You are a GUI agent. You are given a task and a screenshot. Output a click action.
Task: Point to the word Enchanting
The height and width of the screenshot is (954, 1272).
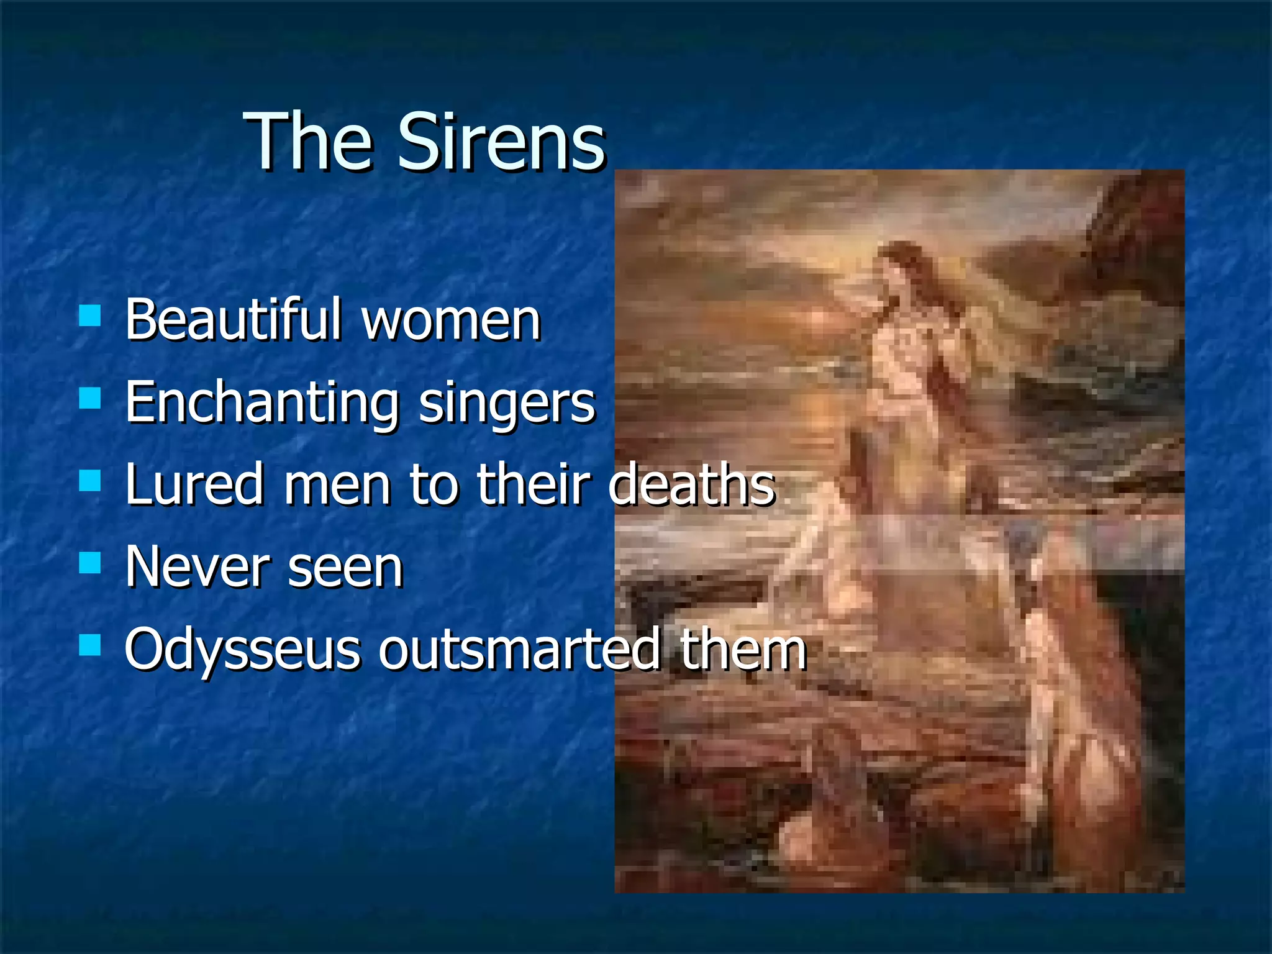[261, 404]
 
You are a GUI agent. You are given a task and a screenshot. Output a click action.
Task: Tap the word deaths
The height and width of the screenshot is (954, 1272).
[691, 484]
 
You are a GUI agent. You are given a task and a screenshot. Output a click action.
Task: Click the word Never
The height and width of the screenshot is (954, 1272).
[196, 566]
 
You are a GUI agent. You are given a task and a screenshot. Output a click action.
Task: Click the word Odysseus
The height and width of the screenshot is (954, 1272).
[242, 650]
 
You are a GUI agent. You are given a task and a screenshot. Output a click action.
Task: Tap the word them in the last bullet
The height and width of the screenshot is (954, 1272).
[743, 650]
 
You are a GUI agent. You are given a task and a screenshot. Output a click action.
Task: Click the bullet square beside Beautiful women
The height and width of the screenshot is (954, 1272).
[90, 316]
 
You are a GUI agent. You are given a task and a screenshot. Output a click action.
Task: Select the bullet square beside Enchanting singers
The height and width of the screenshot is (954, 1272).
[90, 398]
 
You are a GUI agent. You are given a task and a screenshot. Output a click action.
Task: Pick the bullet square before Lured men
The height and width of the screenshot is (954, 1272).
[90, 480]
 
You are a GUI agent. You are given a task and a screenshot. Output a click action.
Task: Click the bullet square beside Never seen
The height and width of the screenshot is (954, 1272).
[90, 563]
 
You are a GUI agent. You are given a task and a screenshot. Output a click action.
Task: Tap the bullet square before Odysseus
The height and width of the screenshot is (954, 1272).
[90, 645]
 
